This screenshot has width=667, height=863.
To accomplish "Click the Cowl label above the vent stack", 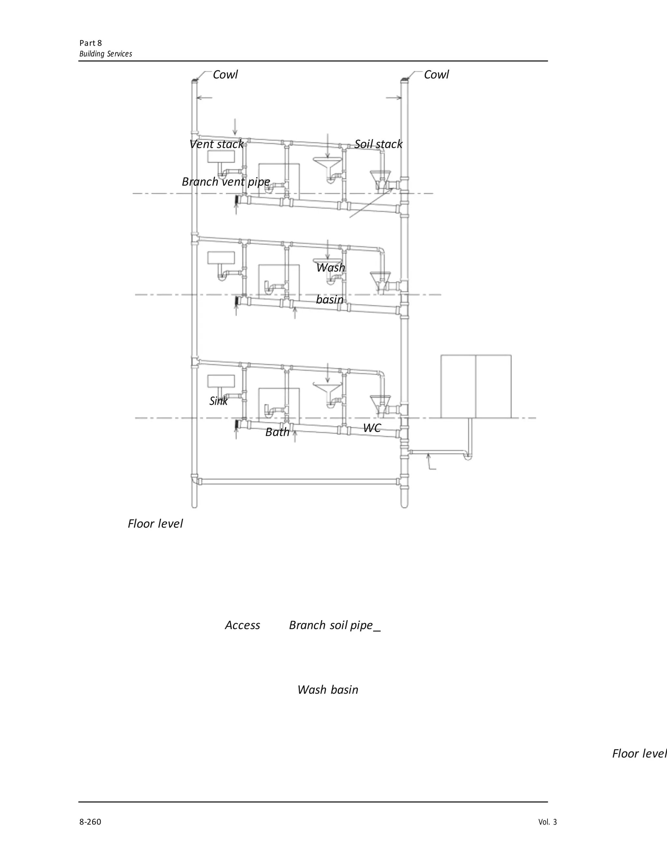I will coord(225,75).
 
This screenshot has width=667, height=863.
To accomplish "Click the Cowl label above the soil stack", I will coord(436,75).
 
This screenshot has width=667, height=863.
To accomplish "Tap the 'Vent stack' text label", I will coord(216,144).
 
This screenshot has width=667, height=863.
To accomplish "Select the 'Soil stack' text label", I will coord(378,144).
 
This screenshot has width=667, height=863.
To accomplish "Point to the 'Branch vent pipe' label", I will coord(226,182).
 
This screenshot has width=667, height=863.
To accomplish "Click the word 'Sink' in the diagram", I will coord(219,401).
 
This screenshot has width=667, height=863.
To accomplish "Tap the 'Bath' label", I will coord(277,432).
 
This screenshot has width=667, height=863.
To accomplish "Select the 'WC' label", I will coord(372,428).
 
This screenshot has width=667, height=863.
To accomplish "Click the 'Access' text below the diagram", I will coord(242,625).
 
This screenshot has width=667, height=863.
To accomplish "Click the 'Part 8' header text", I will coord(91,43).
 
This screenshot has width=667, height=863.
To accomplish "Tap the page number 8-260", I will coord(90,822).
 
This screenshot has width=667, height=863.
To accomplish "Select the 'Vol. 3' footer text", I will coord(547,822).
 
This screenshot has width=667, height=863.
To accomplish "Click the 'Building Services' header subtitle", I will coord(106,54).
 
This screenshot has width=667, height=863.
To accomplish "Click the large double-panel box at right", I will coord(476,387).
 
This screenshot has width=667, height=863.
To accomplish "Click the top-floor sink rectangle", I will coord(221,156).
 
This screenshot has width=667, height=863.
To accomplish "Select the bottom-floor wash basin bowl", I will coord(327,387).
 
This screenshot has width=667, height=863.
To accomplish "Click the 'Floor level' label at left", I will coord(155,524).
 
